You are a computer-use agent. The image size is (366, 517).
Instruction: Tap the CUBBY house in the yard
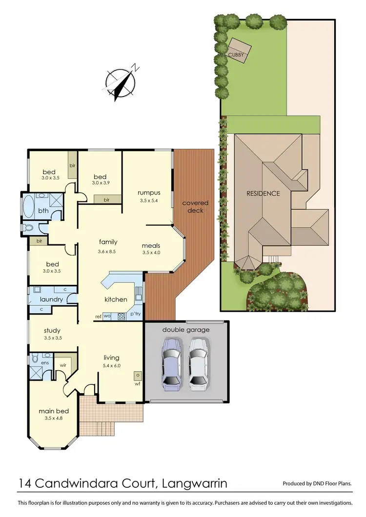[x=240, y=50]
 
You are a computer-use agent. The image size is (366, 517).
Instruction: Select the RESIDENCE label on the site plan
[x=263, y=194]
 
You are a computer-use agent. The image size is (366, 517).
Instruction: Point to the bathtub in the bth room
[x=29, y=207]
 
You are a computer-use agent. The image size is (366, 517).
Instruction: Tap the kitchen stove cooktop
[x=122, y=316]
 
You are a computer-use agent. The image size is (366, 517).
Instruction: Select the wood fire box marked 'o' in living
[x=138, y=375]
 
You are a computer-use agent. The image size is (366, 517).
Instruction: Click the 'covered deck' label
[x=195, y=206]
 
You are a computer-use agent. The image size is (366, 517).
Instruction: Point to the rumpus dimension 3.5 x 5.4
[x=149, y=200]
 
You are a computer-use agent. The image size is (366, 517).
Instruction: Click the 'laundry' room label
[x=51, y=299]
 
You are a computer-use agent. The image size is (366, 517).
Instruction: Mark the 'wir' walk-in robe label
[x=63, y=364]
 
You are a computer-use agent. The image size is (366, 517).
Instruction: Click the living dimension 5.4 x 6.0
[x=112, y=365]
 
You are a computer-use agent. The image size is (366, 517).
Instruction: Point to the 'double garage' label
[x=185, y=330]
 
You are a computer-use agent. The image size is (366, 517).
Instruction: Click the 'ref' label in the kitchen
[x=98, y=317]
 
